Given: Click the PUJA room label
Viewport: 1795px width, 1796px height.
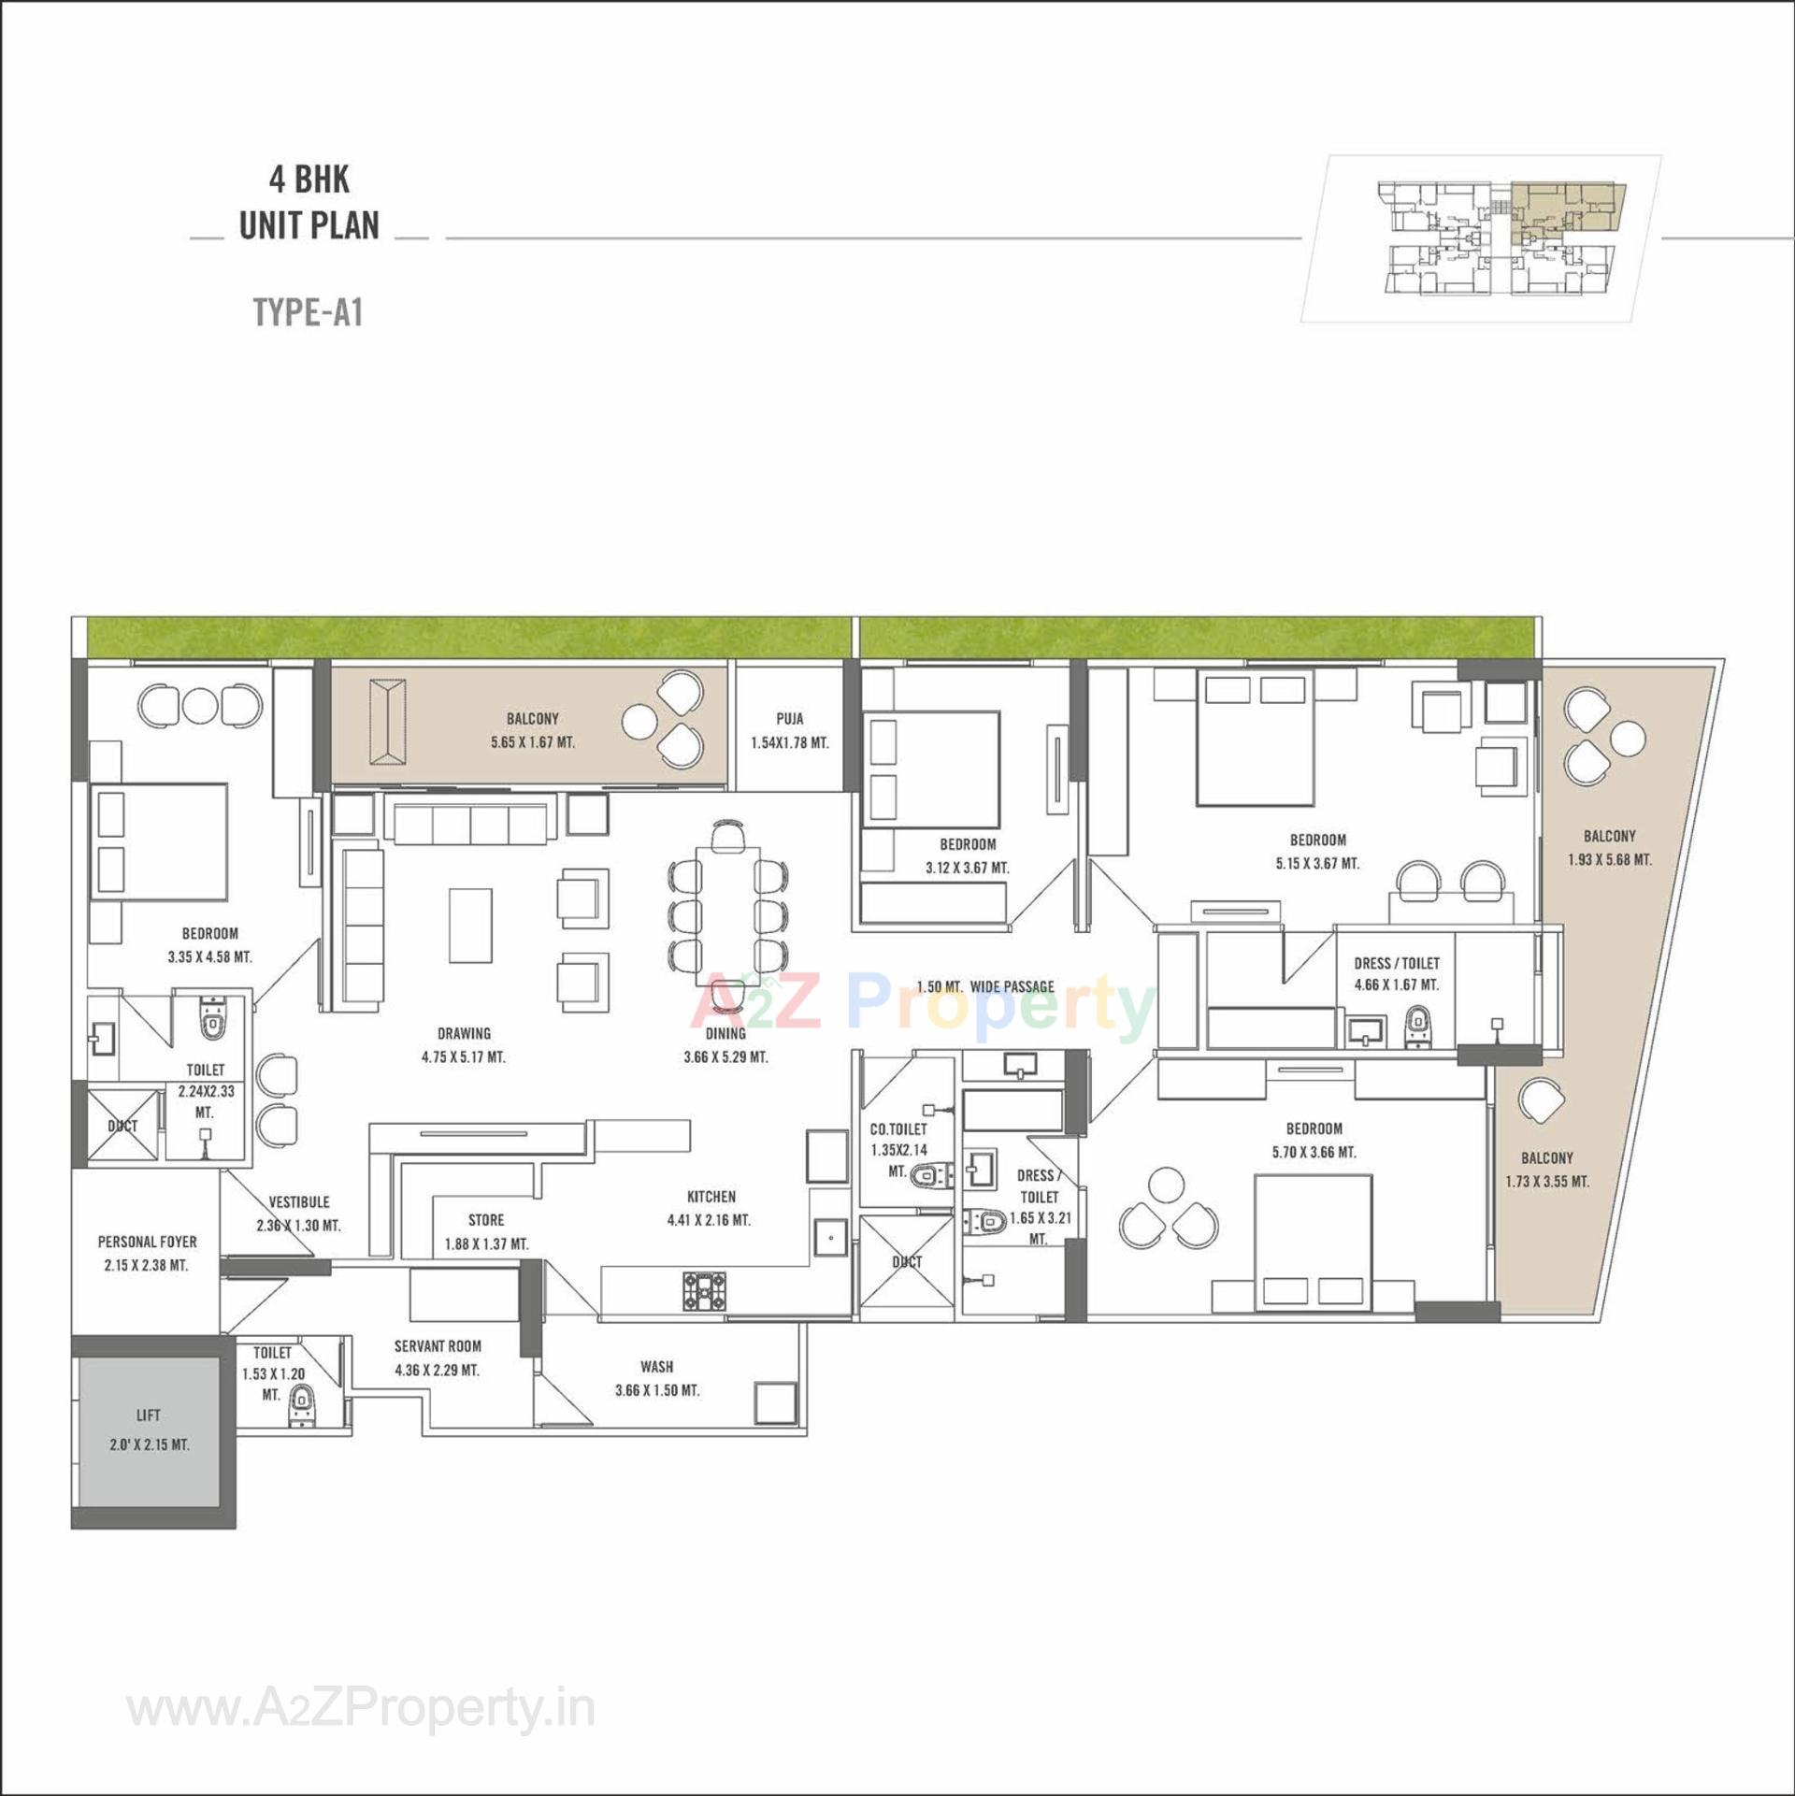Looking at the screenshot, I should coord(789,719).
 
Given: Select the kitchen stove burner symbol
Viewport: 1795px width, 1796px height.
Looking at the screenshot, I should coord(703,1290).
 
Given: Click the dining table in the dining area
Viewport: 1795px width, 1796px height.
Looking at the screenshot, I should coord(726,916).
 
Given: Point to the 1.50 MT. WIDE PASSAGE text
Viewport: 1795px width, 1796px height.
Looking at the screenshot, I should coord(984,986).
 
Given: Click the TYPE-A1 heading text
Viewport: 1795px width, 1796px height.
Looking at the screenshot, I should coord(308,312).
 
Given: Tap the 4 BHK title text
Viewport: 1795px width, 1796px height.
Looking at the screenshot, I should coord(309,180).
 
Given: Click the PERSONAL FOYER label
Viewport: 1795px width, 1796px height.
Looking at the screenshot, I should coord(147,1242).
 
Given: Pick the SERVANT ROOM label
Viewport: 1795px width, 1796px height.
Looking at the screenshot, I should coord(438,1346).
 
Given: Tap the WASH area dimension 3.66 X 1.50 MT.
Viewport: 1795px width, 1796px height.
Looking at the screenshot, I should coord(656,1390).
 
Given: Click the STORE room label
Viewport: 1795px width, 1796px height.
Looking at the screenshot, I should coord(485,1220).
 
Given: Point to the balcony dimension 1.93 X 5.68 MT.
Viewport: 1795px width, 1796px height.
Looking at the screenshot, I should coord(1609,859).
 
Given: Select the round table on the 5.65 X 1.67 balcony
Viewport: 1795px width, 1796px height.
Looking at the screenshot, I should coord(641,721).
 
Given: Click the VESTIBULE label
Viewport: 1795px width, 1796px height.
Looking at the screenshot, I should coord(298,1202).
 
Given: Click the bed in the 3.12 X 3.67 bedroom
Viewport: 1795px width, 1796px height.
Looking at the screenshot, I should coord(930,769).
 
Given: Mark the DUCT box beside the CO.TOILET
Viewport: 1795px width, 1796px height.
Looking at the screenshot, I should coord(905,1261).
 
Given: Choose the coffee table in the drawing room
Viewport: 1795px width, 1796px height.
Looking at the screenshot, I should coord(470,925).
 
